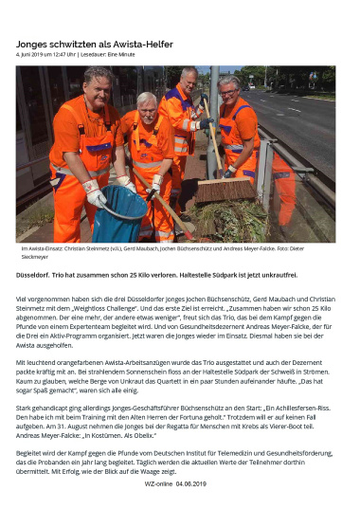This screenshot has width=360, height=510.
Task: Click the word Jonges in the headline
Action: [x=36, y=45]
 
